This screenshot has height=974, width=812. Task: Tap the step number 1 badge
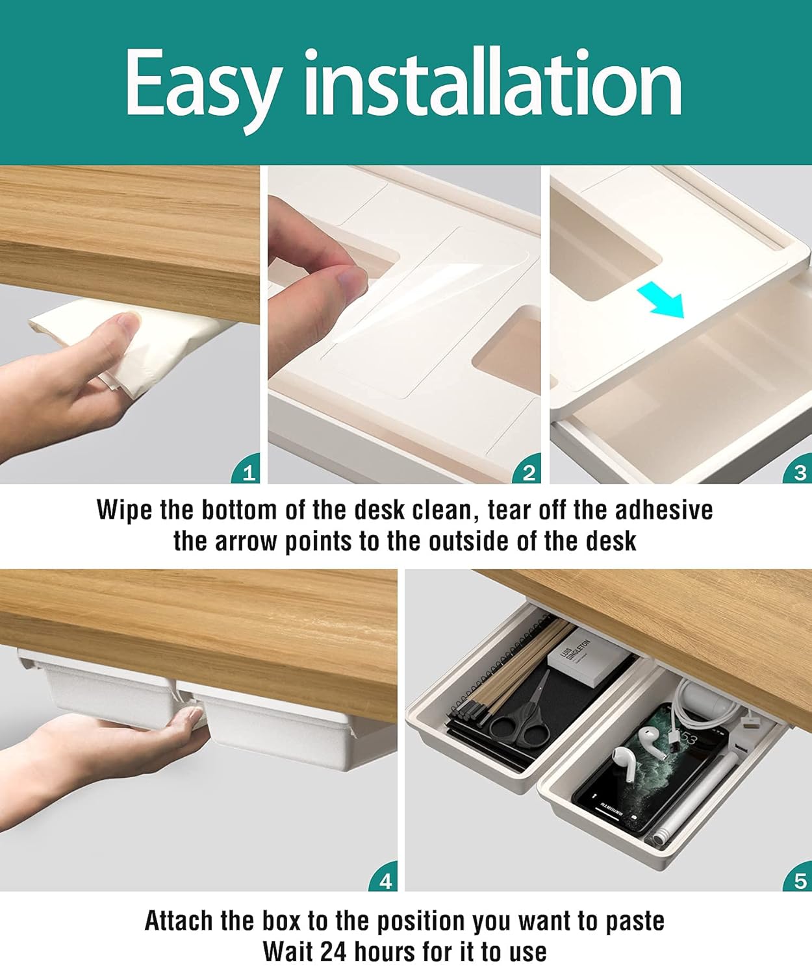(x=248, y=472)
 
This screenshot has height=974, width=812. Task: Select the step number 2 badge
(x=529, y=472)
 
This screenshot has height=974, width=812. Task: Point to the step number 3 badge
(x=800, y=472)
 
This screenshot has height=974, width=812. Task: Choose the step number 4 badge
(x=385, y=880)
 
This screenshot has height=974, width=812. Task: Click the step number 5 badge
(x=800, y=880)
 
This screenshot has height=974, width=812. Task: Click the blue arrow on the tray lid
(x=661, y=301)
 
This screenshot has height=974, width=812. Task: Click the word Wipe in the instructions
(x=125, y=510)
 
